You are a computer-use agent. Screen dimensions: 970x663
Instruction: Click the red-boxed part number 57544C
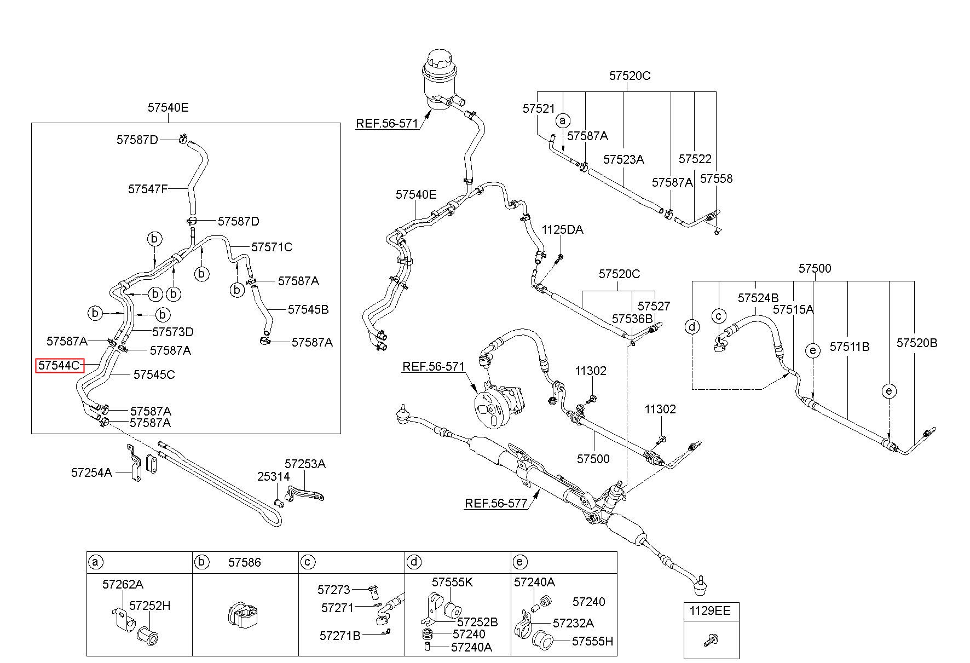[x=59, y=365]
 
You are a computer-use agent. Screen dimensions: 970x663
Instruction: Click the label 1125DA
[x=563, y=229]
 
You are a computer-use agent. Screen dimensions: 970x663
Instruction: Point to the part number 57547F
[x=148, y=189]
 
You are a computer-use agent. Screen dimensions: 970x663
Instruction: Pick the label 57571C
[x=272, y=247]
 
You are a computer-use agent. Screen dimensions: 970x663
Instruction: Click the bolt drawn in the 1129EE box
[x=710, y=638]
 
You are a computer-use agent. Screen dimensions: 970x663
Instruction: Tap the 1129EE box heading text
[x=710, y=611]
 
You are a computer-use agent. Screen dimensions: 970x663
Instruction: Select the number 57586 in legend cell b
[x=245, y=562]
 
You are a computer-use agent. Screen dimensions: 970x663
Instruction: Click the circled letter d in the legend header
[x=414, y=562]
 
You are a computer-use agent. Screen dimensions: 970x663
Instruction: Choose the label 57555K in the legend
[x=452, y=581]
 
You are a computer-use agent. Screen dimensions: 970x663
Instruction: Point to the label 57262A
[x=123, y=584]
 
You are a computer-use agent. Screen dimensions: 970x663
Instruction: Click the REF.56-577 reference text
[x=496, y=503]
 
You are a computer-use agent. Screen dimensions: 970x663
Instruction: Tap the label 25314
[x=274, y=476]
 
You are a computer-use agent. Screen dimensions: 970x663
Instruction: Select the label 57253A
[x=305, y=464]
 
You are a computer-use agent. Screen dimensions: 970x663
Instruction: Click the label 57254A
[x=91, y=472]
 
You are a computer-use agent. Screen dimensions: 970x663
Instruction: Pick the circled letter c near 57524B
[x=719, y=316]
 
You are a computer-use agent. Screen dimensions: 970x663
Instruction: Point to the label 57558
[x=716, y=178]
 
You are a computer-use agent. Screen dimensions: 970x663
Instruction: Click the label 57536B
[x=632, y=319]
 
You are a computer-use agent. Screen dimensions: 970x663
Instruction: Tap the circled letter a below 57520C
[x=563, y=120]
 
